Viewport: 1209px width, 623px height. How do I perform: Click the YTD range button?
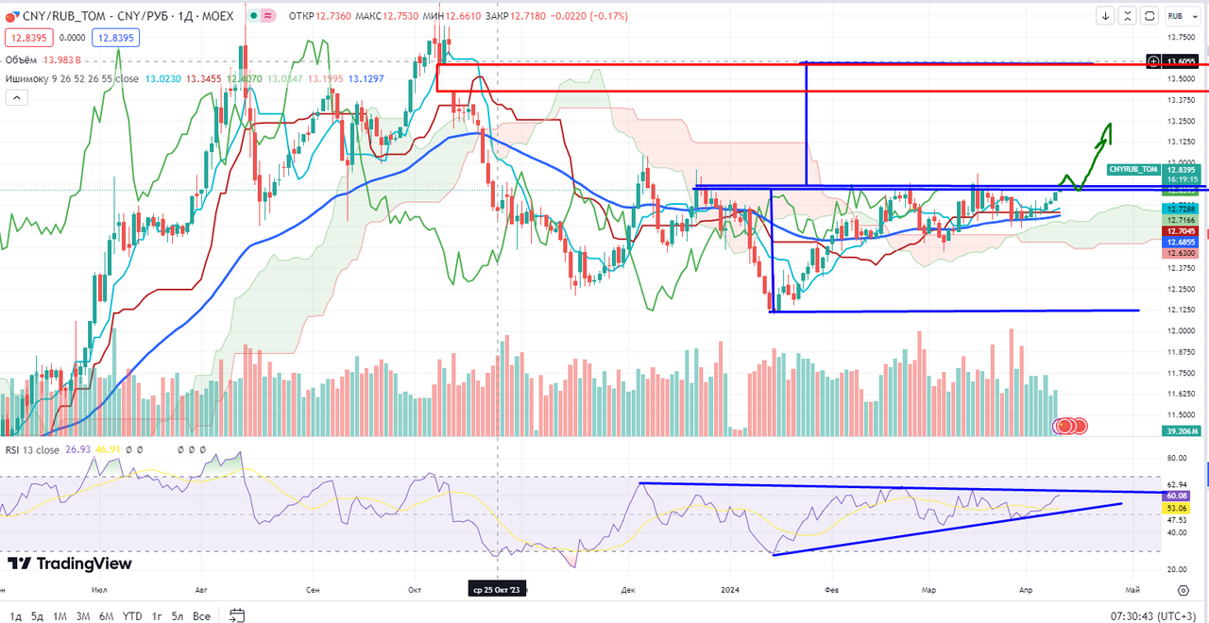click(x=132, y=616)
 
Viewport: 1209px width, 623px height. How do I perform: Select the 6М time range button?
click(x=106, y=616)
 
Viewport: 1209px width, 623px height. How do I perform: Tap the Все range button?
click(x=201, y=616)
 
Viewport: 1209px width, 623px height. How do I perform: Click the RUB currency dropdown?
click(x=1176, y=16)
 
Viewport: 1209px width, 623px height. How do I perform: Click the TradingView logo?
click(x=70, y=564)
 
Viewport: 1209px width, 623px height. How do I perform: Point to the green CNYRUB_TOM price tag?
click(x=1133, y=169)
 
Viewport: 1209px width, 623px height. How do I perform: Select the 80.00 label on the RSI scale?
click(x=1177, y=459)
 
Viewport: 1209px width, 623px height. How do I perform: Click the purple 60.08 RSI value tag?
click(x=1177, y=496)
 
